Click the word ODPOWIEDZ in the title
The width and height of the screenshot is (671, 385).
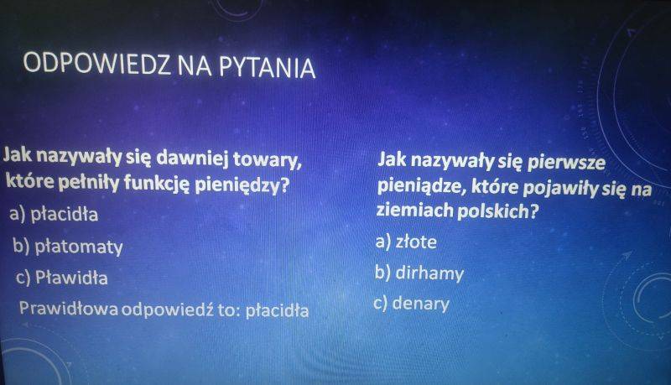tap(96, 63)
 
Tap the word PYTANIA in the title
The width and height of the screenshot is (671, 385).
tap(268, 68)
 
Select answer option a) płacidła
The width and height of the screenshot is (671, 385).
tap(54, 213)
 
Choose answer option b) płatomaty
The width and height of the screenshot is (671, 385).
tap(68, 247)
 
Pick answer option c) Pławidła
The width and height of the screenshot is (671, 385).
tap(62, 277)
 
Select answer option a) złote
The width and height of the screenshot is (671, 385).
tap(406, 242)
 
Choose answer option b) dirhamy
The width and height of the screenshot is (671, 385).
tap(419, 273)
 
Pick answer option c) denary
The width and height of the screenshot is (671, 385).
tap(412, 304)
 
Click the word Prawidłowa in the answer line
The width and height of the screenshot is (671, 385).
tap(69, 308)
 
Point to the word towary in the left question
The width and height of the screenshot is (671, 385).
tap(268, 159)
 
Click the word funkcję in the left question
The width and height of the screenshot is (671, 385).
tap(157, 183)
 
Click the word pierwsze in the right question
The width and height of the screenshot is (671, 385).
tap(567, 163)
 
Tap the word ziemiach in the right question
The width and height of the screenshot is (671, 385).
tap(414, 210)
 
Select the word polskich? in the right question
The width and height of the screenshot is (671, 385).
tap(497, 211)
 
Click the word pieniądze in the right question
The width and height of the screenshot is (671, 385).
tap(422, 186)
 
